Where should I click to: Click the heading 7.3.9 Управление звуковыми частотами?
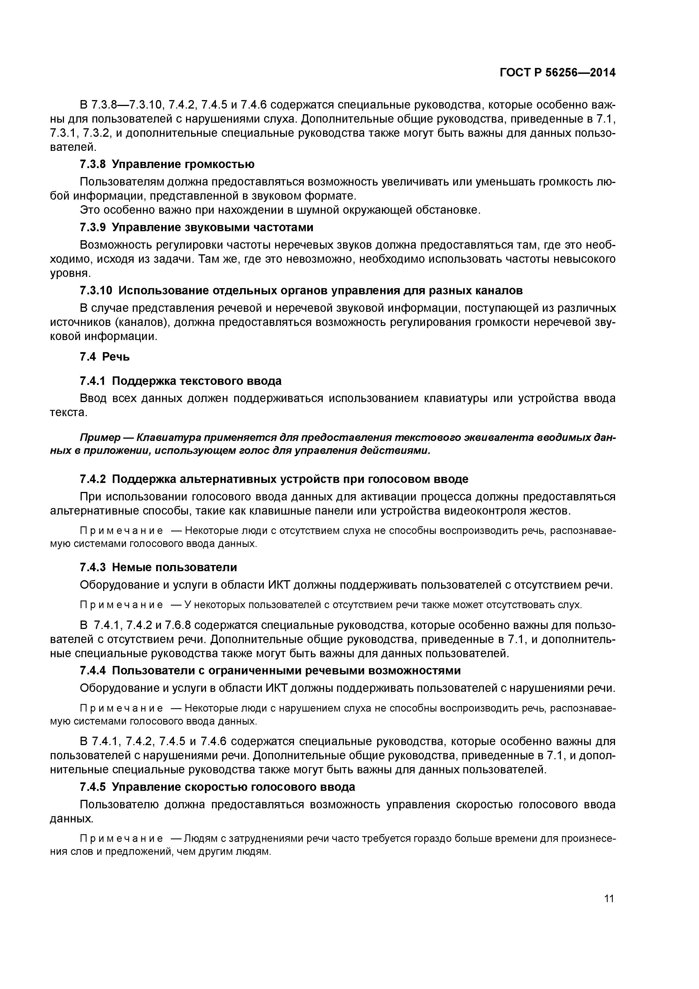coord(196,227)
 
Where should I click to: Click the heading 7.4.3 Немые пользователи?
coord(158,567)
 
